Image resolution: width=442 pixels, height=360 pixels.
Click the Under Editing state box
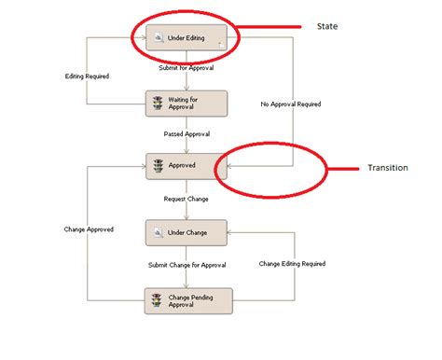186,37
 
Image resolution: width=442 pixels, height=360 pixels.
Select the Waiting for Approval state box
186,104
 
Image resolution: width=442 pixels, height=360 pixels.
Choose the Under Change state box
186,231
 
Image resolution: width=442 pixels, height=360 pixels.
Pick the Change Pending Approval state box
186,300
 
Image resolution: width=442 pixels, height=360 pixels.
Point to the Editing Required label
88,76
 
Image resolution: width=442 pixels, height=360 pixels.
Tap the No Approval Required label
291,104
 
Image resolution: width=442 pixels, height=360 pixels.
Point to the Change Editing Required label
292,264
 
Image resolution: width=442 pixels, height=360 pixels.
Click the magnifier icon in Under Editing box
158,37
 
